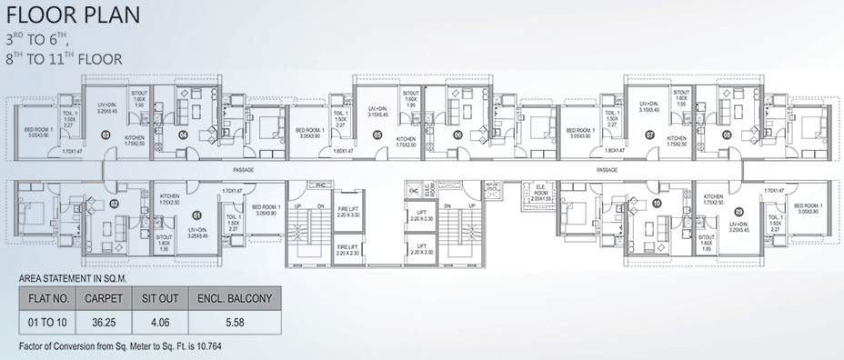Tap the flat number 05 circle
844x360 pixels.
[x=377, y=135]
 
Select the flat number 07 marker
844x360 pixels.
[x=649, y=135]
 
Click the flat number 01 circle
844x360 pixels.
[x=196, y=215]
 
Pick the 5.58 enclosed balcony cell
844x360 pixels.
[x=234, y=322]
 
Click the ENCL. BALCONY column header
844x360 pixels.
[x=234, y=296]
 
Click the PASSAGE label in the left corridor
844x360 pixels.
[x=243, y=170]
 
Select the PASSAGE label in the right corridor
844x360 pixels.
[x=607, y=170]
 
